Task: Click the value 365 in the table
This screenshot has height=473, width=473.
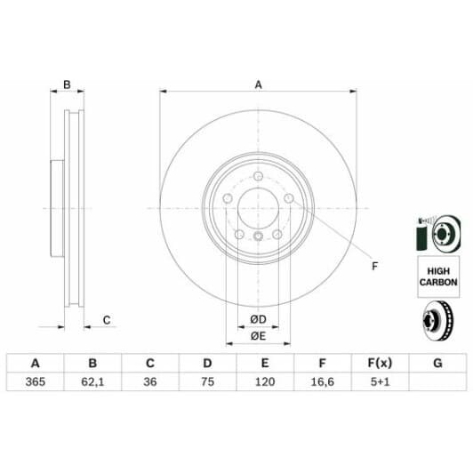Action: (x=35, y=381)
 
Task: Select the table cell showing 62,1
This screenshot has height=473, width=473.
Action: (x=92, y=381)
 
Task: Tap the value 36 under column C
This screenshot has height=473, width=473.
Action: (x=149, y=381)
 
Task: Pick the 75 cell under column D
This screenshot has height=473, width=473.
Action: (x=207, y=381)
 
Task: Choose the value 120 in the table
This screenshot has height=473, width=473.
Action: (x=265, y=381)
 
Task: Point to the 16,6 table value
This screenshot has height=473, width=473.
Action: (x=322, y=381)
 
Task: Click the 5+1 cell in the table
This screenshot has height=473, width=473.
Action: (x=380, y=381)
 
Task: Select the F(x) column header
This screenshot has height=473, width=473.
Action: (x=380, y=363)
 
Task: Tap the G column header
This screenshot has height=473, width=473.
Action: (x=437, y=363)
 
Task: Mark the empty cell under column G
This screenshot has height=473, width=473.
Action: (x=437, y=381)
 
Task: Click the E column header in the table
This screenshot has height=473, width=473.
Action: (x=265, y=363)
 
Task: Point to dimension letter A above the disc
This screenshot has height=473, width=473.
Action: (x=259, y=85)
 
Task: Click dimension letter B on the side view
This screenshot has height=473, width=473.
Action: (x=66, y=85)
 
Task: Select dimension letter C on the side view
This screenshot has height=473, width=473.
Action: (x=106, y=320)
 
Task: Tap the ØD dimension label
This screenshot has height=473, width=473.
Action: (x=258, y=319)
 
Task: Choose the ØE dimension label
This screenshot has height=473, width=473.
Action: (x=258, y=335)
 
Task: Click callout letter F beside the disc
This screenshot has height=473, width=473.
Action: (x=373, y=266)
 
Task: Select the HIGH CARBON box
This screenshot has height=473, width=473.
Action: (x=438, y=276)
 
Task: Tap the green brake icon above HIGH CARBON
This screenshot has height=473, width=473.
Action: (x=437, y=233)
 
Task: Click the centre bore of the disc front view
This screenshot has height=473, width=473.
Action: (x=258, y=211)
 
